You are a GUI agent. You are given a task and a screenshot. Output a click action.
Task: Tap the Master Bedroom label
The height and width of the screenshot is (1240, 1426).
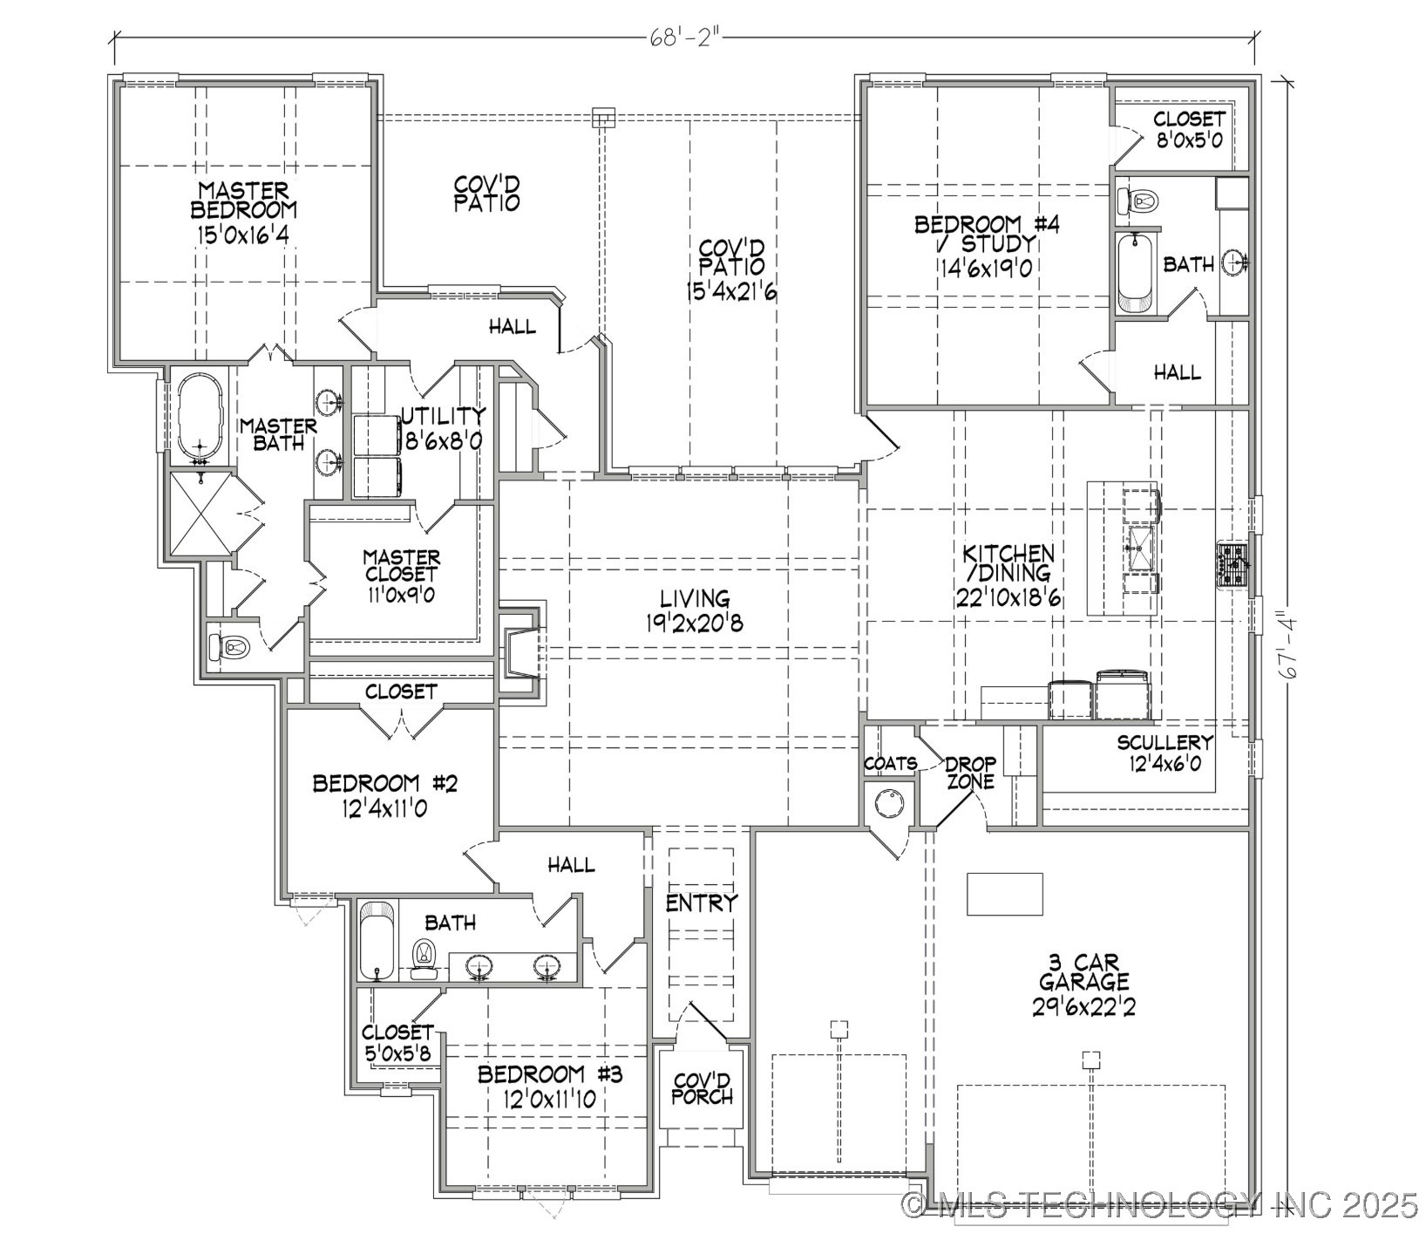[243, 200]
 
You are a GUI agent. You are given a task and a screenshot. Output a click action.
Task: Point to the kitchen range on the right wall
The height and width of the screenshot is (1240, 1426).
[1233, 565]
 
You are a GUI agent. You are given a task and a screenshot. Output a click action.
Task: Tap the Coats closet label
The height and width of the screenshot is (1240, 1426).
[889, 763]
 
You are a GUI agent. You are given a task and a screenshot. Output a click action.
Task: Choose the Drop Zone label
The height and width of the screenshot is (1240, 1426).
[970, 773]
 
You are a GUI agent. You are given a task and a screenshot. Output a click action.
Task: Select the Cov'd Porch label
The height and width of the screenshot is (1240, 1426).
[702, 1087]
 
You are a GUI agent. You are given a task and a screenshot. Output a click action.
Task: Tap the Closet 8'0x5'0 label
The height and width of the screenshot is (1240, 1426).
[1189, 128]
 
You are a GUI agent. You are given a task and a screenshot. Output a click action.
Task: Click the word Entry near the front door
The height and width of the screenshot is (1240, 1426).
[702, 903]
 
